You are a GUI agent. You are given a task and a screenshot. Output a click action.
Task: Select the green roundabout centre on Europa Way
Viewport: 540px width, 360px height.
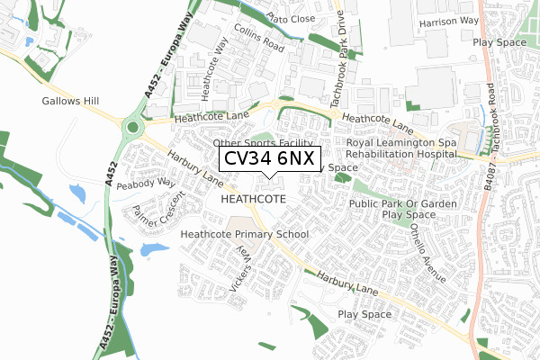point(133,128)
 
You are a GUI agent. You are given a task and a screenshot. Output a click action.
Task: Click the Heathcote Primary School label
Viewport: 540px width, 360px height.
point(245,235)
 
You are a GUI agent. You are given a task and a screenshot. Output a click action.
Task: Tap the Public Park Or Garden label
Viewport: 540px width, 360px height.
point(401,203)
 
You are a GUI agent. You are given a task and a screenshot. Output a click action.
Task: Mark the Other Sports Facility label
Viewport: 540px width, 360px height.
point(263,143)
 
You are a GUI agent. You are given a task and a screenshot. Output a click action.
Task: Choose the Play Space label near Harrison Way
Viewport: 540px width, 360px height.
point(503,41)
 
